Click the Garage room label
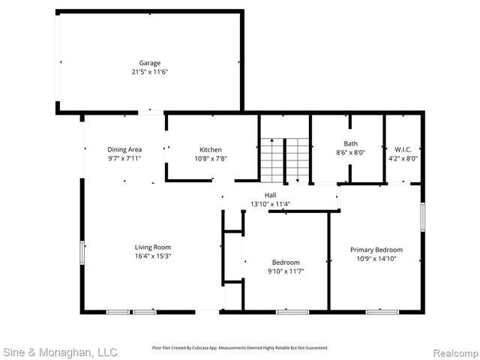click(149, 63)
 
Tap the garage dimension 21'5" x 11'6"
click(149, 72)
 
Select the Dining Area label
click(124, 149)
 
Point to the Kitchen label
click(210, 149)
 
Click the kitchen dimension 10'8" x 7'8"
click(210, 158)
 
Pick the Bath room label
click(351, 143)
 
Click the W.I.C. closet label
click(403, 149)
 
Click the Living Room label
click(153, 247)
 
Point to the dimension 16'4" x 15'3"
click(153, 256)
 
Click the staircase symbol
click(285, 160)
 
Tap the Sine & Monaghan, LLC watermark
click(60, 351)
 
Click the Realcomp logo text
click(452, 351)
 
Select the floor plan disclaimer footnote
click(240, 348)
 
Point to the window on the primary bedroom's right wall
click(423, 217)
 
